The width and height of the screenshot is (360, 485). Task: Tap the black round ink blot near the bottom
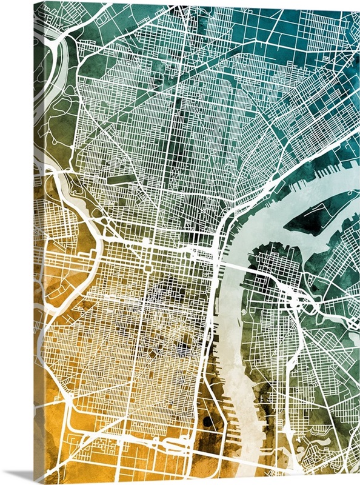[x=208, y=421]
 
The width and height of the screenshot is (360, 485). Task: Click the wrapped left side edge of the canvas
[x=38, y=242]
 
